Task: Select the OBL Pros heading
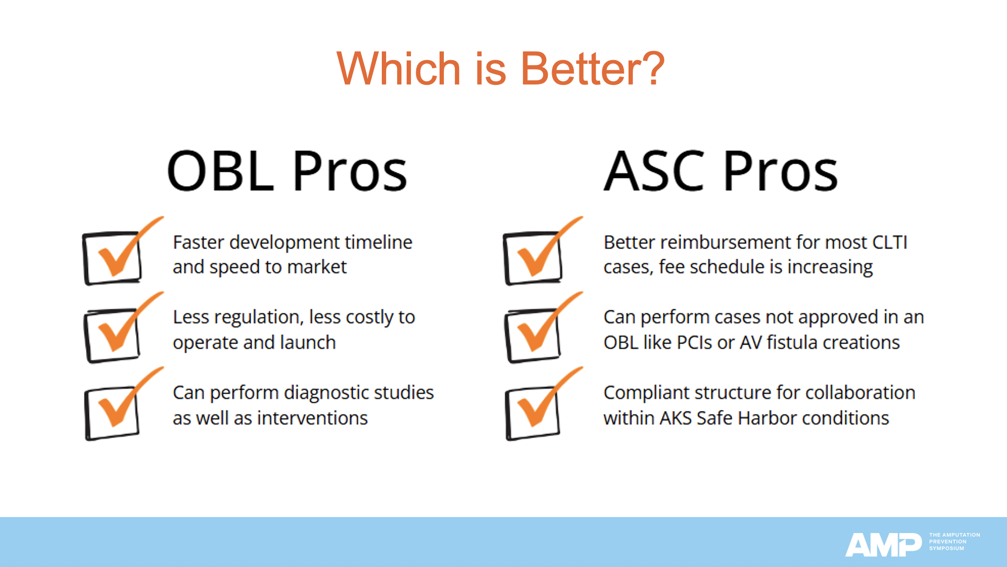287,170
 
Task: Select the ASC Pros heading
720,170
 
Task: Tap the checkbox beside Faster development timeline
113,258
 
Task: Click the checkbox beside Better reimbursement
533,258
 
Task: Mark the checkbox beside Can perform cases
533,335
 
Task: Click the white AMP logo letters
883,545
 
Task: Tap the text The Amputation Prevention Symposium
954,542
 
